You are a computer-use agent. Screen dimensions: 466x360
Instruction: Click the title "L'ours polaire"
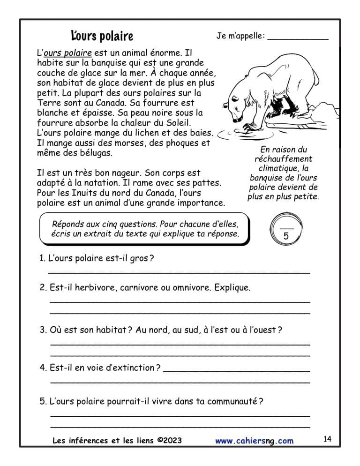point(102,36)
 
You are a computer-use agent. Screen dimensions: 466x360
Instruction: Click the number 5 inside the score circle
point(286,237)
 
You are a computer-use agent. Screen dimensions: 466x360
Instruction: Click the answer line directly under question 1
point(180,272)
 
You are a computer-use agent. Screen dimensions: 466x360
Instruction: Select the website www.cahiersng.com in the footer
point(255,441)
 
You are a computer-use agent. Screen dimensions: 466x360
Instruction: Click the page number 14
point(327,439)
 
